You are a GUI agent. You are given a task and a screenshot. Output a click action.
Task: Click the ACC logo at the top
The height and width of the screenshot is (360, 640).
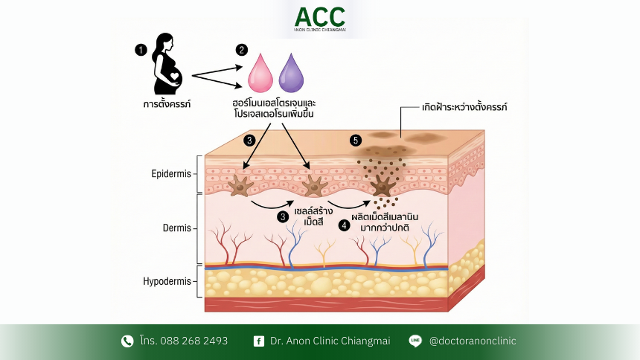[319, 19]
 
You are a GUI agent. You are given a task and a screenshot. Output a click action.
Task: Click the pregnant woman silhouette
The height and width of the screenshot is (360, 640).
[168, 67]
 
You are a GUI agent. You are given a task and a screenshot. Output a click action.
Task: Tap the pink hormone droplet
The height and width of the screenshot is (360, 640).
[260, 73]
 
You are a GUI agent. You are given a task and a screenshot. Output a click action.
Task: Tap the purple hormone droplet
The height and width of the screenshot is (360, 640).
[290, 73]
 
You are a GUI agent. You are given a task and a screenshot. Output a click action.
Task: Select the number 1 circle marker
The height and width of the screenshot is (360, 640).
[140, 50]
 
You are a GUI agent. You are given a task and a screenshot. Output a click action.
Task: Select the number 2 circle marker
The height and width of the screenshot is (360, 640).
[240, 50]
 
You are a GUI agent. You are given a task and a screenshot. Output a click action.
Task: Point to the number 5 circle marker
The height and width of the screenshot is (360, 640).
[356, 140]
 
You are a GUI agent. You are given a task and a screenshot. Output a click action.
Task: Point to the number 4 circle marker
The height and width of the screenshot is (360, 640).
[344, 225]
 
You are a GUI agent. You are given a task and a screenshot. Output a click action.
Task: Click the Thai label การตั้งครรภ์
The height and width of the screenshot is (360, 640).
[167, 104]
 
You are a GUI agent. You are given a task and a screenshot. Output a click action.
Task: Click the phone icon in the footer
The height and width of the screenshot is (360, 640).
[127, 341]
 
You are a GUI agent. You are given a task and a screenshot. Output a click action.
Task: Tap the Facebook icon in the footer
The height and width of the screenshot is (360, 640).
[258, 341]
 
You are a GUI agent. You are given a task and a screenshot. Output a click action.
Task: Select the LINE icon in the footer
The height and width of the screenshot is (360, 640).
[415, 341]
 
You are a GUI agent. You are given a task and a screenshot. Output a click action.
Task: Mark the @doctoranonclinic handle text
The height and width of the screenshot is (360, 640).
[473, 341]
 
